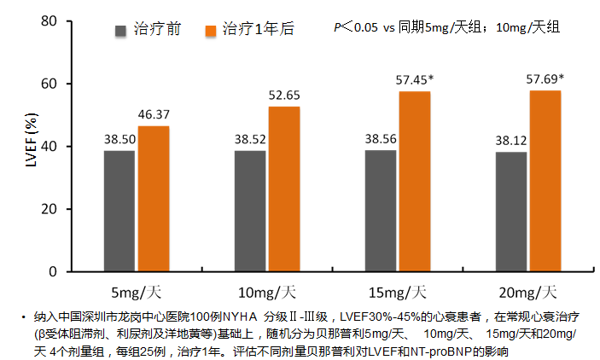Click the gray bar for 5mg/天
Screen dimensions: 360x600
pyautogui.click(x=119, y=211)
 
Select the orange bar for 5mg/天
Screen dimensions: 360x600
pyautogui.click(x=154, y=199)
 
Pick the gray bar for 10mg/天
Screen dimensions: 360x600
pyautogui.click(x=249, y=211)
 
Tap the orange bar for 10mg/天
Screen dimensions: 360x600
pyautogui.click(x=284, y=189)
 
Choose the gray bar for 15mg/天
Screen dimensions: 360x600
pyautogui.click(x=380, y=211)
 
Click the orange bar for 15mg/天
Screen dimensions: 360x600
pyautogui.click(x=415, y=181)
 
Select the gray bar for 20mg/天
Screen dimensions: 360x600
pyautogui.click(x=510, y=212)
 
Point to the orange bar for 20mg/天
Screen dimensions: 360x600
pyautogui.click(x=545, y=181)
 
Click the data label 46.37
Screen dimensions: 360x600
pyautogui.click(x=154, y=114)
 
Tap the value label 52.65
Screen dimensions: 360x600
pyautogui.click(x=284, y=95)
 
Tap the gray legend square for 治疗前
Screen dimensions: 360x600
pyautogui.click(x=121, y=31)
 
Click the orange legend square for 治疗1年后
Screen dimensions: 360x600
pyautogui.click(x=210, y=31)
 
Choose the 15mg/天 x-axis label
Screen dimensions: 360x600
pyautogui.click(x=398, y=291)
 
